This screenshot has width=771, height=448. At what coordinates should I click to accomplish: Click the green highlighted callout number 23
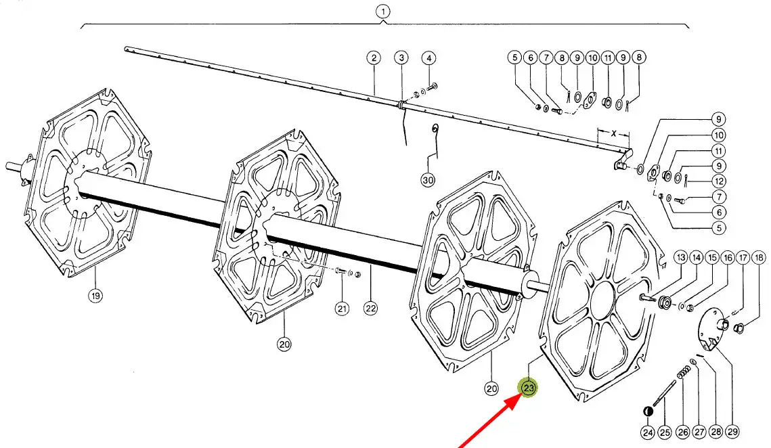coord(529,388)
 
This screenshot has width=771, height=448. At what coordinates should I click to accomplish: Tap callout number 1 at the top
coord(383,12)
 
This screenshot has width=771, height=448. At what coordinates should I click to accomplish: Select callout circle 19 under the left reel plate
coord(95,296)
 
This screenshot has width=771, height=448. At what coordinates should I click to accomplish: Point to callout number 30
coord(428,180)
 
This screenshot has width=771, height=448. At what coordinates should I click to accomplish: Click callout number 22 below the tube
coord(370,309)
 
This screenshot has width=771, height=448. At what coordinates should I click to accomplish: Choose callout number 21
coord(342,309)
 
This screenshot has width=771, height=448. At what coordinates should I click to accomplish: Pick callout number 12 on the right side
coord(719,181)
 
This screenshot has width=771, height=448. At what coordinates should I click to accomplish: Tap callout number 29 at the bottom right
coord(732,432)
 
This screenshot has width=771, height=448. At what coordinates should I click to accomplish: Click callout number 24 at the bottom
coord(648,432)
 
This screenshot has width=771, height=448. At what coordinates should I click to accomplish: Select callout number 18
coord(759,257)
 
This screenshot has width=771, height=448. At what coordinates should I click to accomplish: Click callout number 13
coord(680,257)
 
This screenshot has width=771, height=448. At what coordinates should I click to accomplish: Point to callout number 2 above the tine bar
coord(374,58)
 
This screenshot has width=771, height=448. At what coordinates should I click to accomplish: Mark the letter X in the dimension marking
coord(614,134)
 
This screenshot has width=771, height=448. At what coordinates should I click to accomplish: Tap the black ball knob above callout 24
coord(648,411)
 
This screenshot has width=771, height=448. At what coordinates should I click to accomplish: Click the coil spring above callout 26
coord(684,374)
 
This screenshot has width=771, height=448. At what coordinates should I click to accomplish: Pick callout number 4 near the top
coord(428,58)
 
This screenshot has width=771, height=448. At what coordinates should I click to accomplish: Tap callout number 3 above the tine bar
coord(401,58)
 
